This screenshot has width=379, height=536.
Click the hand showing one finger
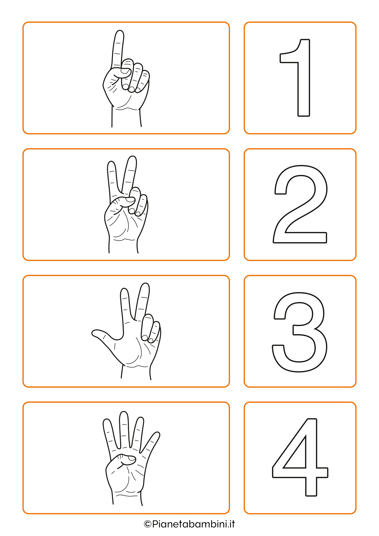tap(126, 79)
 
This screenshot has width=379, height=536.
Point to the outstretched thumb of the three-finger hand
tap(105, 335)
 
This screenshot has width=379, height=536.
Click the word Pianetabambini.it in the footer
tap(193, 524)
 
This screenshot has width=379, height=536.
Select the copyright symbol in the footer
tap(148, 524)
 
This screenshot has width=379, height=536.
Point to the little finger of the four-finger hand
tap(151, 442)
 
